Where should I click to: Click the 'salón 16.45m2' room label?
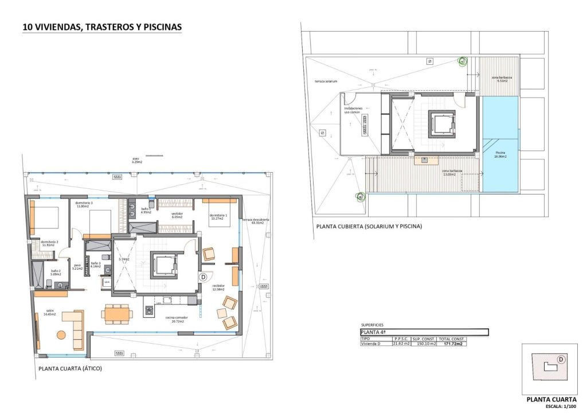[x=42, y=312]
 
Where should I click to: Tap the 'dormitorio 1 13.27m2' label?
[x=218, y=216]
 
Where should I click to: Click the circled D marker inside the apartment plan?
[x=202, y=277]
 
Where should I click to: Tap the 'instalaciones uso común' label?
[x=352, y=110]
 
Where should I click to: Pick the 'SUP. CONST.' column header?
[x=424, y=339]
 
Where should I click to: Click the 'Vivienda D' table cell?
[x=370, y=344]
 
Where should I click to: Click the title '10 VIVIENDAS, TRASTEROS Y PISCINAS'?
[x=101, y=26]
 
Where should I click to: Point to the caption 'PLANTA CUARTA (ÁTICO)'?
[x=70, y=369]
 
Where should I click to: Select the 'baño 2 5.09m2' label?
[x=56, y=273]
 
